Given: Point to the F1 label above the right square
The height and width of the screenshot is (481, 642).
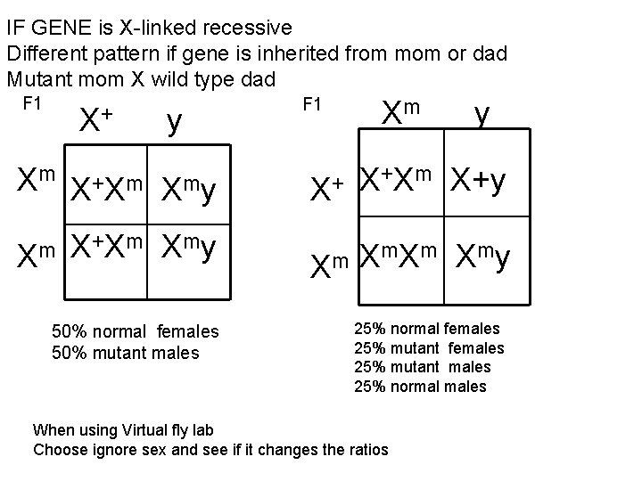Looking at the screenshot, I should point(312,103).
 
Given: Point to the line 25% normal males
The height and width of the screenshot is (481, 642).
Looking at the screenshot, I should point(421,386).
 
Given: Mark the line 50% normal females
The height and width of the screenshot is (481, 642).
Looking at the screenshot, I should point(135,332).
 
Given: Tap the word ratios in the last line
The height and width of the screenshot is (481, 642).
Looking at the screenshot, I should point(366,449).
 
